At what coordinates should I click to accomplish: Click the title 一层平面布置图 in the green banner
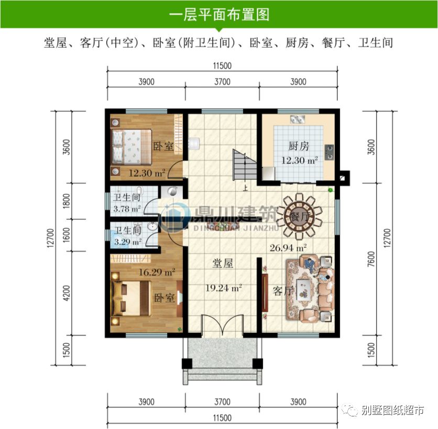tap(219, 14)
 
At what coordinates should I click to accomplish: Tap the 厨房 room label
tap(298, 146)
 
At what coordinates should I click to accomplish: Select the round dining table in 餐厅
tap(299, 215)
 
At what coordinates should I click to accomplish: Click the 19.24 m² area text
tap(223, 288)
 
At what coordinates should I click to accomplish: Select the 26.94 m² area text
tap(287, 247)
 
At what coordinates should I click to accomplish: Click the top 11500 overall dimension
tap(222, 66)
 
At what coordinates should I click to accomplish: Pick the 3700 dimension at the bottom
tap(222, 402)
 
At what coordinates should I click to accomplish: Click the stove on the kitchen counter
tap(330, 151)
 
